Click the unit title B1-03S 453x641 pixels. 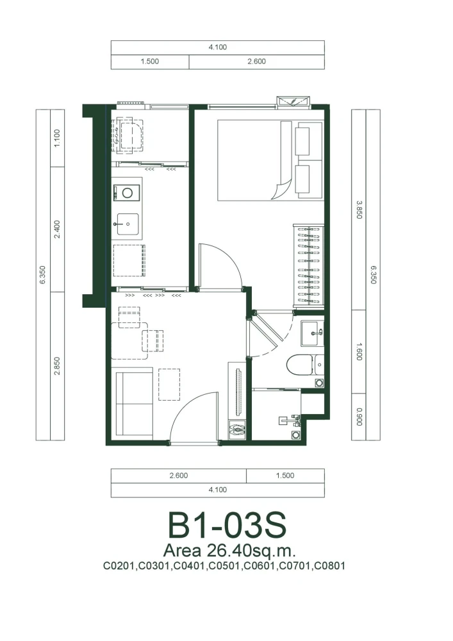227,526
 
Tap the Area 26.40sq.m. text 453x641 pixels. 229,551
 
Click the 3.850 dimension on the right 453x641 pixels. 359,210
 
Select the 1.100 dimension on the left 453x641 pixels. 57,138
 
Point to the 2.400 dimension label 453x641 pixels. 57,229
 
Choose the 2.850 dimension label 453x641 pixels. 57,366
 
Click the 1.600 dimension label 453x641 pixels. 359,351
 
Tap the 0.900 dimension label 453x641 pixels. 359,417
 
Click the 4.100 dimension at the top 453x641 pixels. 218,47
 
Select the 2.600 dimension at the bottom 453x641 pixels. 179,476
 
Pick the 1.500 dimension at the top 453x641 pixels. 150,62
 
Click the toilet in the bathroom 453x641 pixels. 305,365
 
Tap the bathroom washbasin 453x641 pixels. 313,333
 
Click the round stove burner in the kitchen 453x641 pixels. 128,192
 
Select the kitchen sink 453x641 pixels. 128,224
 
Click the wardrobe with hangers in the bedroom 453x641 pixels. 309,265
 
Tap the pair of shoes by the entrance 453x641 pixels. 236,429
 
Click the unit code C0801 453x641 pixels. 329,566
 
